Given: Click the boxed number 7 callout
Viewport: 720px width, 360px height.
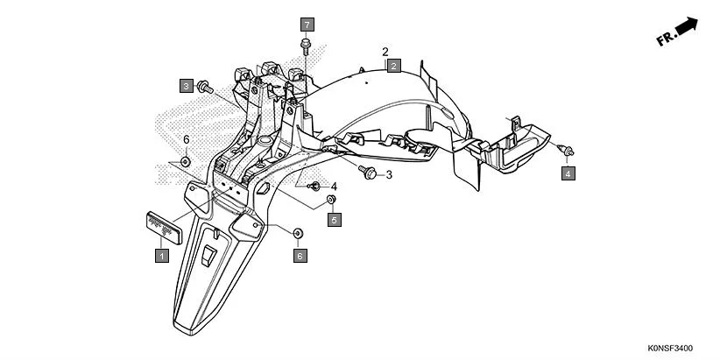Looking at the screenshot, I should (307, 23).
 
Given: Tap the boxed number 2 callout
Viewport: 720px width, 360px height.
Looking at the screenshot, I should (394, 66).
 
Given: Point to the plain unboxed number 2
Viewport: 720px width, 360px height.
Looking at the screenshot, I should (385, 52).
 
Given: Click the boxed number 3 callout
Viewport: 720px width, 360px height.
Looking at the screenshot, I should (186, 86).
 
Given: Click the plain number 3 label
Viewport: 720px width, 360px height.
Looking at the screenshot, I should (389, 175).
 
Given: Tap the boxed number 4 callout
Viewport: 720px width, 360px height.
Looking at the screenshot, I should (568, 174).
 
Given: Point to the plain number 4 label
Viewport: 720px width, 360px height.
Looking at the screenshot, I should (334, 187).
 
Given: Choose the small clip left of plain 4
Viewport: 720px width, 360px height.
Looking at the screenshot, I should (314, 186).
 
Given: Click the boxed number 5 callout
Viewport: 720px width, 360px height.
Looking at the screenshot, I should (334, 220).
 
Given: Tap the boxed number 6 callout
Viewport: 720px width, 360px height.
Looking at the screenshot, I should (299, 255).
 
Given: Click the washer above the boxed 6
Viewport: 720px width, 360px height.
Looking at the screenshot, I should (298, 233).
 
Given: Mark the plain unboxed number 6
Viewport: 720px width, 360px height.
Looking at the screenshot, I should (186, 140).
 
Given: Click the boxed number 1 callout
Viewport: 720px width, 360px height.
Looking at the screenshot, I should (161, 255).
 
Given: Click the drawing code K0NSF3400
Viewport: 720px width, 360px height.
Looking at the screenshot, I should (679, 348).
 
